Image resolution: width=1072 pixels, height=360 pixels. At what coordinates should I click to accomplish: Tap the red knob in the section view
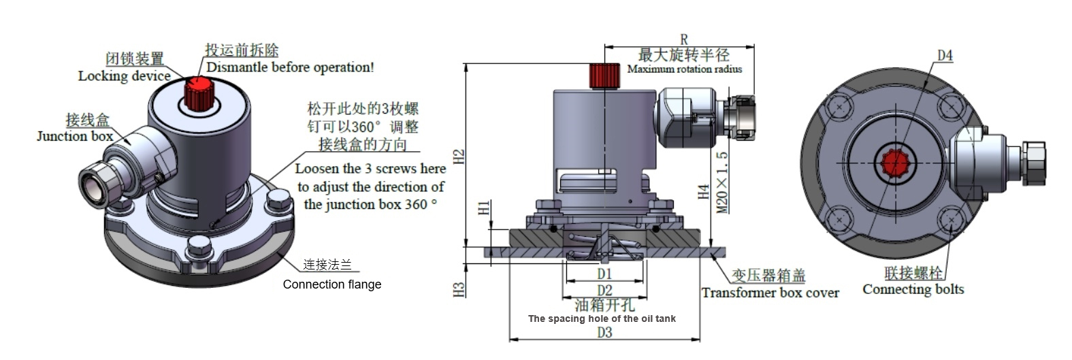pyautogui.click(x=604, y=75)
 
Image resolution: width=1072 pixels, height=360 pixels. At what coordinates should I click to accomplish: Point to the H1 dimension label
pyautogui.click(x=484, y=208)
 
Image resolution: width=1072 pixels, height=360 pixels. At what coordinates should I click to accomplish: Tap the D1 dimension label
pyautogui.click(x=604, y=274)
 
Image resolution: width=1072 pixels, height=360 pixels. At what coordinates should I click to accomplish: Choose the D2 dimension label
pyautogui.click(x=604, y=291)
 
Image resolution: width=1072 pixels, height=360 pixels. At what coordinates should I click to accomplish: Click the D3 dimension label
pyautogui.click(x=604, y=332)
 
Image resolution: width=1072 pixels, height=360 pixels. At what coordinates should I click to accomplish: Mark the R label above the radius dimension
pyautogui.click(x=684, y=40)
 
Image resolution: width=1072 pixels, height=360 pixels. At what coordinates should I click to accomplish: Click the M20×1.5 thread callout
pyautogui.click(x=722, y=182)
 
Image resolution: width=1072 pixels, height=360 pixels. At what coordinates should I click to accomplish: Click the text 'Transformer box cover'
pyautogui.click(x=770, y=293)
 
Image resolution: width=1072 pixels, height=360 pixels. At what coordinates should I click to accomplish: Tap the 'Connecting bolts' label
pyautogui.click(x=913, y=289)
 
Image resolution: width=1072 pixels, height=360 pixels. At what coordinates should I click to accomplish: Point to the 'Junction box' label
pyautogui.click(x=75, y=136)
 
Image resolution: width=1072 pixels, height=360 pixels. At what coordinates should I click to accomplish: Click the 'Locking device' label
pyautogui.click(x=124, y=76)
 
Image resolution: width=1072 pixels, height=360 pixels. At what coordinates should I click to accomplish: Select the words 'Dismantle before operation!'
pyautogui.click(x=290, y=67)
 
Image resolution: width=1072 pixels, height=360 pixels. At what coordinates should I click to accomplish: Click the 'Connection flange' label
pyautogui.click(x=332, y=284)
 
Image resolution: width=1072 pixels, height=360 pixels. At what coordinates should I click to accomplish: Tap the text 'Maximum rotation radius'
pyautogui.click(x=684, y=69)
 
